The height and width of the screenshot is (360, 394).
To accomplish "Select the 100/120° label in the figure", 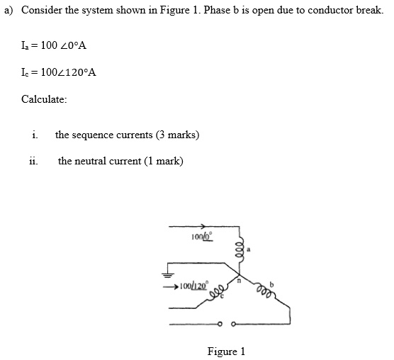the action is [x=193, y=286].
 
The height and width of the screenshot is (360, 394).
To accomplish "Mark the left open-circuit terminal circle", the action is [x=220, y=325].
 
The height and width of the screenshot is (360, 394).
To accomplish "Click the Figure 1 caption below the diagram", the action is [x=225, y=351].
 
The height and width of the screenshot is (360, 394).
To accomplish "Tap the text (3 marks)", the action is [x=178, y=134].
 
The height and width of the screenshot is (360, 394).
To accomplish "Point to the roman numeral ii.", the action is [x=33, y=162].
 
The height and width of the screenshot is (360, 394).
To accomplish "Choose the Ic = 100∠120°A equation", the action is [x=59, y=72].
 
